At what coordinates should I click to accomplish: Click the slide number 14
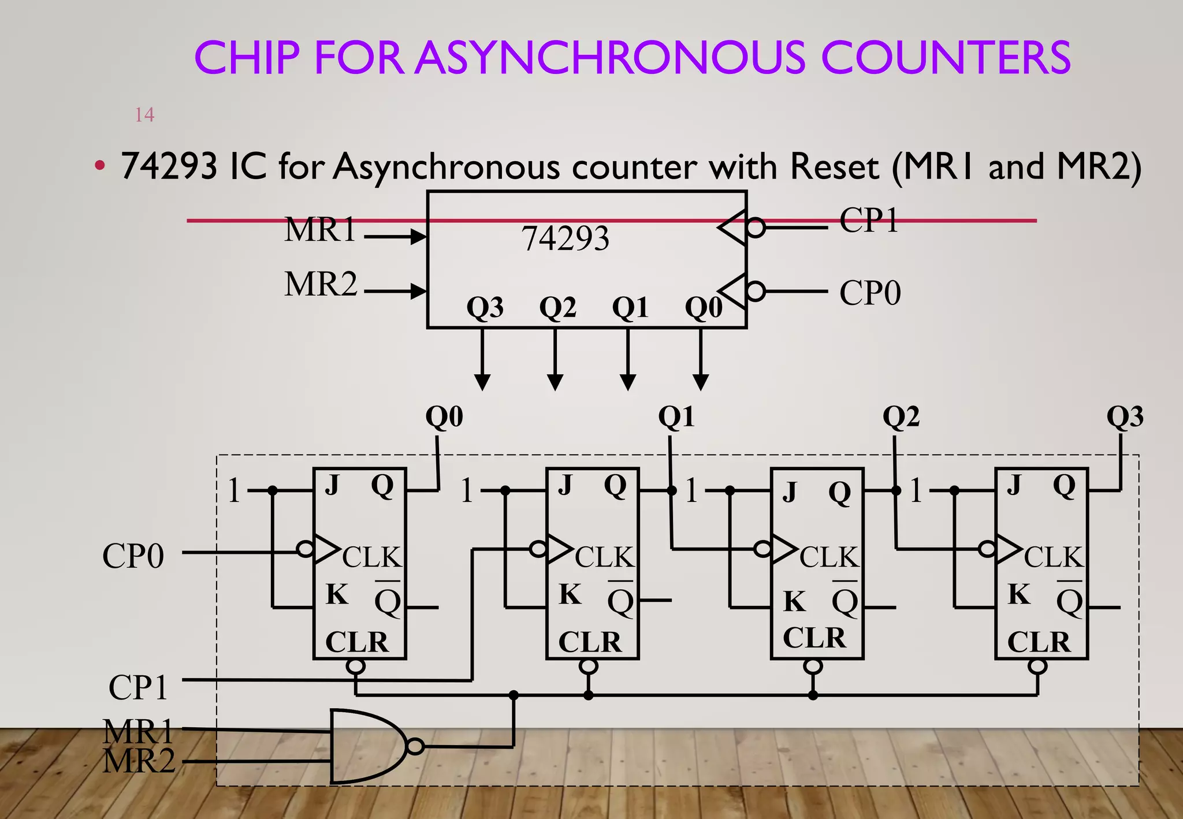[x=144, y=115]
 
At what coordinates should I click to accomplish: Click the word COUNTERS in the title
[x=946, y=58]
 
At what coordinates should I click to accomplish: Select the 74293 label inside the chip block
[x=566, y=239]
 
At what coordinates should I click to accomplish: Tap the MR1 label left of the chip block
[x=320, y=229]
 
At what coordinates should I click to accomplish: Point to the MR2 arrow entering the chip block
[x=396, y=291]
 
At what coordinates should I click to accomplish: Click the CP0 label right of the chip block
[x=870, y=293]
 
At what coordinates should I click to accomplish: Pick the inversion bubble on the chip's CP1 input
[x=755, y=228]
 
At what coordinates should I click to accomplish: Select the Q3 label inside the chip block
[x=485, y=307]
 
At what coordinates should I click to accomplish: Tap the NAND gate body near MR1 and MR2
[x=364, y=746]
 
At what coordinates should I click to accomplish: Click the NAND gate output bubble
[x=415, y=746]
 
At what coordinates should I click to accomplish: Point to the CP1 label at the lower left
[x=138, y=687]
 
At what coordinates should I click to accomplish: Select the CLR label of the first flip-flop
[x=357, y=642]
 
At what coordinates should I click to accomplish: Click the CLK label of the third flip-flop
[x=829, y=557]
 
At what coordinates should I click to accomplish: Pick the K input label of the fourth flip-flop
[x=1019, y=594]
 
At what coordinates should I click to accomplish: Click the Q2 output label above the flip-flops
[x=901, y=416]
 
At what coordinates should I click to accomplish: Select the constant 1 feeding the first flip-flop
[x=233, y=491]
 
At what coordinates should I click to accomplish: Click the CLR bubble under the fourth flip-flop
[x=1037, y=667]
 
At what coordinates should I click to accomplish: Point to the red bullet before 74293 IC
[x=100, y=166]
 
